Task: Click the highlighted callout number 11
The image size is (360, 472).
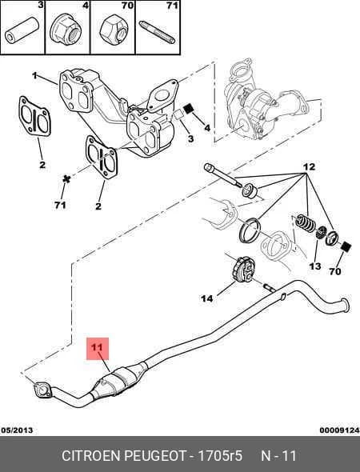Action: click(98, 347)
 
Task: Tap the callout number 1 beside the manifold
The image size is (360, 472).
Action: click(34, 75)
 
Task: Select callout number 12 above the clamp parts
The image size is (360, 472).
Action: click(309, 166)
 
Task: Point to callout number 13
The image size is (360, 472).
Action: click(315, 266)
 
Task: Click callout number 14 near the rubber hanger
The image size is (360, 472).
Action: click(207, 298)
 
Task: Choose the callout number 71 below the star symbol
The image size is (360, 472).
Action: click(60, 205)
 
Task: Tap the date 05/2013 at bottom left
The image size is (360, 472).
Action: click(17, 430)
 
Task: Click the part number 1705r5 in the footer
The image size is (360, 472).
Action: click(220, 455)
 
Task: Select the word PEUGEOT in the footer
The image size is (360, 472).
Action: click(156, 455)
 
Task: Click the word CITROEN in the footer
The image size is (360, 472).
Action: click(91, 455)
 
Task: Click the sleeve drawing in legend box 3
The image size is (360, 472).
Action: click(22, 30)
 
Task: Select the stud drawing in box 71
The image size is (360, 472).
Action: click(157, 32)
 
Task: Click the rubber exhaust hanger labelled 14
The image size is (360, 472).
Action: click(244, 269)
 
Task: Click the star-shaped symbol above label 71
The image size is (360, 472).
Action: click(66, 179)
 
